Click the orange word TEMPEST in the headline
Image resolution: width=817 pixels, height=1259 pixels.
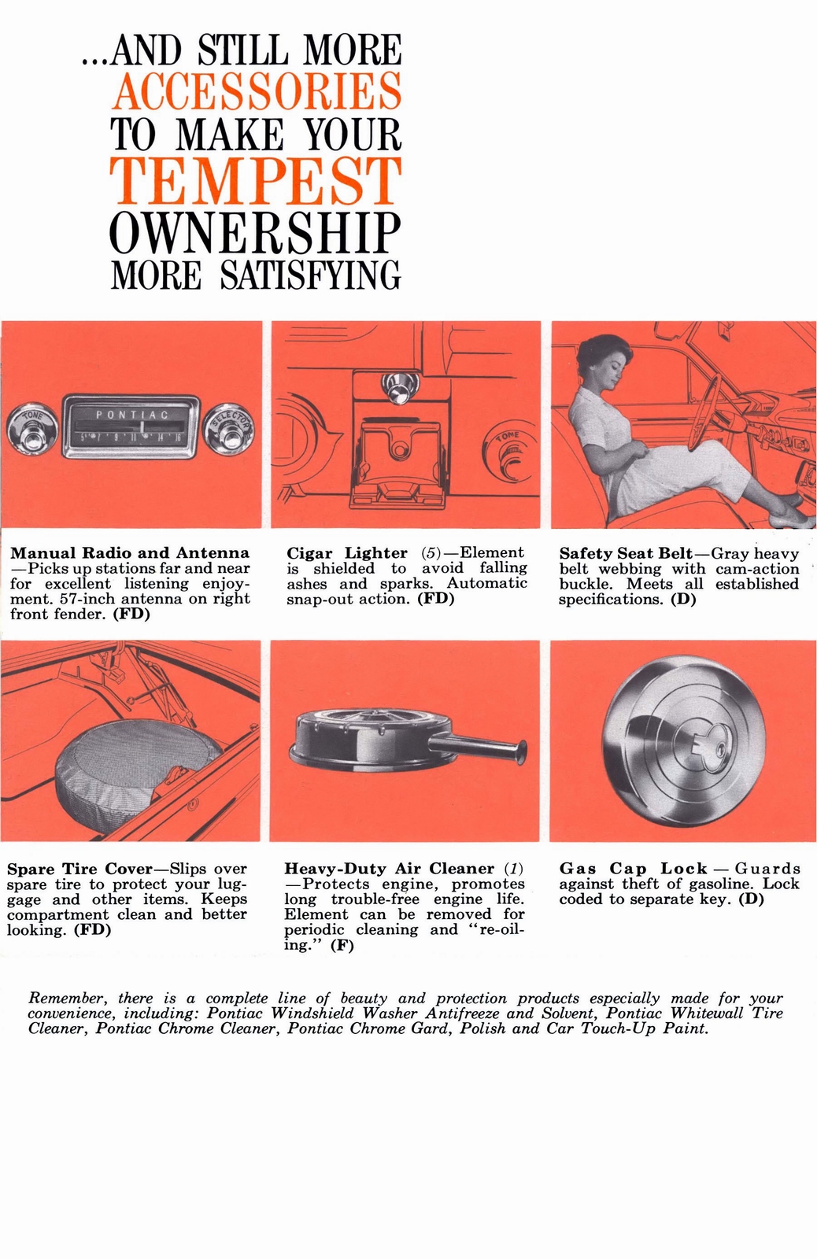click(256, 179)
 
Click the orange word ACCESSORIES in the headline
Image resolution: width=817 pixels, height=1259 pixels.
click(256, 91)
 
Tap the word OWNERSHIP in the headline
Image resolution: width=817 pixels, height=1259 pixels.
click(256, 230)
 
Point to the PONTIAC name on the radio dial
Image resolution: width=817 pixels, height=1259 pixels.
click(131, 414)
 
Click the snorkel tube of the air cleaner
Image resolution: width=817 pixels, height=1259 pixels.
click(484, 748)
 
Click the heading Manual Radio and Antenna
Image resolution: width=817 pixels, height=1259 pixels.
click(129, 553)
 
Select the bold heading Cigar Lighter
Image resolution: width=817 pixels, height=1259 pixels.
click(347, 553)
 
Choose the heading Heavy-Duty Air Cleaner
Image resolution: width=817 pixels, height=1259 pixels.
click(389, 869)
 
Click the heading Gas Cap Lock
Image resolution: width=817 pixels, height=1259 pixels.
click(633, 869)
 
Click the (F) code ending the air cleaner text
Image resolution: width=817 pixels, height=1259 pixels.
click(342, 946)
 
